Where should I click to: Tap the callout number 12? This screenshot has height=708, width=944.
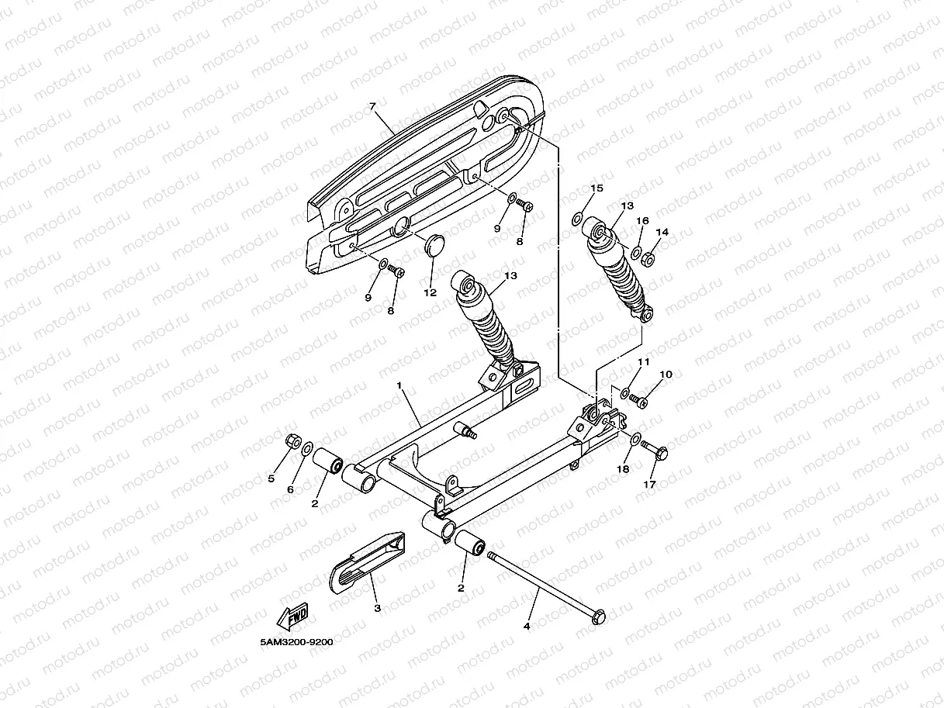(430, 292)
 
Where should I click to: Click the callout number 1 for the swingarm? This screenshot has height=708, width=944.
(400, 385)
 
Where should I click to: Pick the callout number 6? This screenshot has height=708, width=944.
(291, 489)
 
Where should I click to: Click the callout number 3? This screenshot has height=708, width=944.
(378, 608)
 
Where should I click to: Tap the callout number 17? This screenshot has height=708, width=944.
(649, 484)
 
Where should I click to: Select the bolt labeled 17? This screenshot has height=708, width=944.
(657, 451)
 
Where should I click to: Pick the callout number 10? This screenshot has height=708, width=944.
(666, 375)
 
